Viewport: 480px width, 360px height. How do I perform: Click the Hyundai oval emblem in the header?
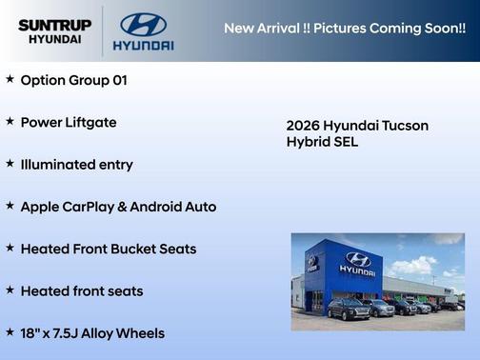143,24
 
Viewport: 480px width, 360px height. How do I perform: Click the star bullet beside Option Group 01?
10,79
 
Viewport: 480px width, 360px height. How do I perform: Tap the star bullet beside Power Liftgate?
10,121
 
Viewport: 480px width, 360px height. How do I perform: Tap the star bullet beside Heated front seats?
10,290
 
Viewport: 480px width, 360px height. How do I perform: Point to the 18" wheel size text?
30,332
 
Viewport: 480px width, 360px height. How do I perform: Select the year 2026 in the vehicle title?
303,126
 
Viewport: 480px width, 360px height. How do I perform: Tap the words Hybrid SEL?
322,142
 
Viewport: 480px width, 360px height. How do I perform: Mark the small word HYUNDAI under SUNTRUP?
54,39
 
